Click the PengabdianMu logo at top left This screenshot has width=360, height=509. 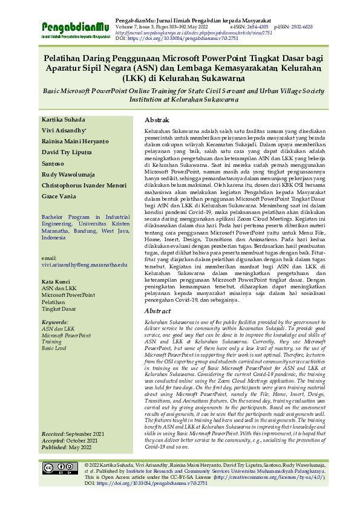pyautogui.click(x=75, y=29)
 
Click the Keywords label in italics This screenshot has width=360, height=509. pyautogui.click(x=55, y=323)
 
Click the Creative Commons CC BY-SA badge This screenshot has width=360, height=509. pyautogui.click(x=60, y=468)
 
